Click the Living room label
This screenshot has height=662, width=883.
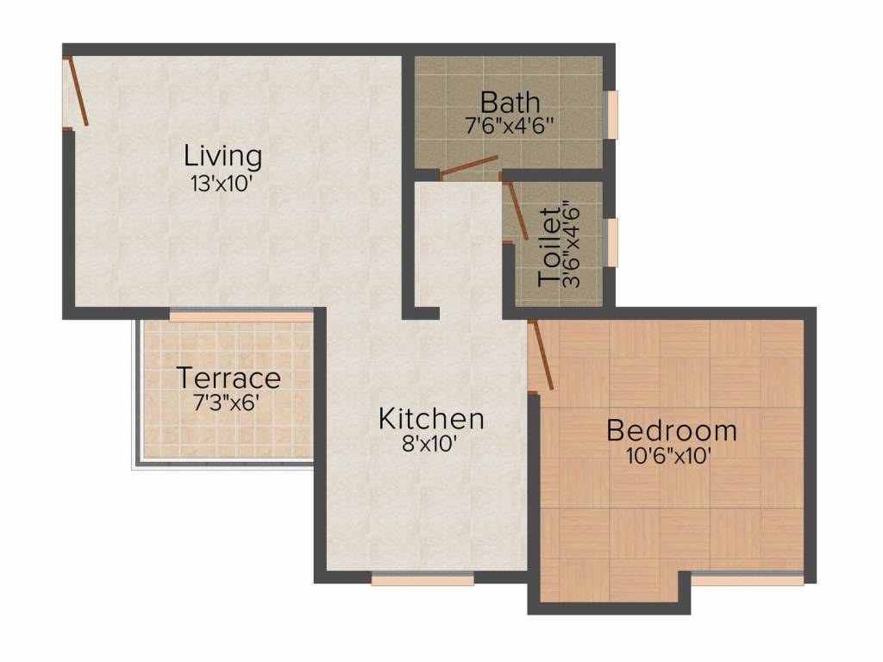(222, 157)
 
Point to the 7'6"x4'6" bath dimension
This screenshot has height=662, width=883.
(509, 125)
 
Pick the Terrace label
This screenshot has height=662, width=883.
(229, 378)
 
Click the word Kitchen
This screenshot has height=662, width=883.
(431, 419)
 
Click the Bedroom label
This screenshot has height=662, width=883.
(672, 429)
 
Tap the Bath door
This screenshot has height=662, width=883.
(469, 167)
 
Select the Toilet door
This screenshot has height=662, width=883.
(517, 209)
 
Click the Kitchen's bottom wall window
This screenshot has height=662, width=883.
(423, 580)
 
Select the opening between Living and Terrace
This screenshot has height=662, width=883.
(241, 316)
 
